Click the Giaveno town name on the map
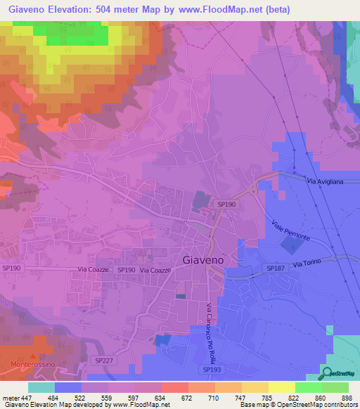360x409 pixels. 203,259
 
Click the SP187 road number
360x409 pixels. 276,268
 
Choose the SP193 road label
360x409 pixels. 212,369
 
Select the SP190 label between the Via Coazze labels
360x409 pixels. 126,270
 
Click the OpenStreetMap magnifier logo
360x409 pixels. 327,372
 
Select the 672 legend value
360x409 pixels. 186,398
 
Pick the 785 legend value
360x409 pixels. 266,398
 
